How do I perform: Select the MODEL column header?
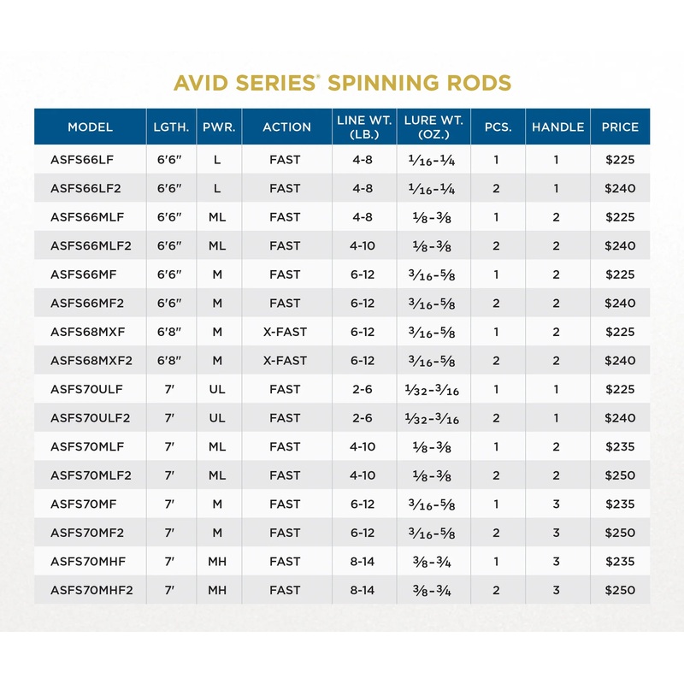tap(91, 127)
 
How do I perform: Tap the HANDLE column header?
tap(557, 127)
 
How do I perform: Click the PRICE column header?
tap(620, 127)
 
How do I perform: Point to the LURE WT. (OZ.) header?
tap(433, 127)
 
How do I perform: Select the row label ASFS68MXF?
tap(88, 332)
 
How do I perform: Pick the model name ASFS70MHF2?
tap(91, 590)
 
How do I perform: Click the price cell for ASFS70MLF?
tap(620, 446)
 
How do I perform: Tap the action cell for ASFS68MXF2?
tap(285, 361)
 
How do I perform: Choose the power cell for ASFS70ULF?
tap(217, 389)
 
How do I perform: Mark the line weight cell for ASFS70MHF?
tap(363, 561)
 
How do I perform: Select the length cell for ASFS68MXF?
tap(169, 332)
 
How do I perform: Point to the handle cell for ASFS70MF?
tap(557, 504)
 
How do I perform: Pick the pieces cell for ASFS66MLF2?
tap(496, 245)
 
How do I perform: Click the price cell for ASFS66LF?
tap(620, 159)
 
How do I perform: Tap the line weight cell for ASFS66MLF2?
tap(363, 245)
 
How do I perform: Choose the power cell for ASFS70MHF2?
tap(217, 590)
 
